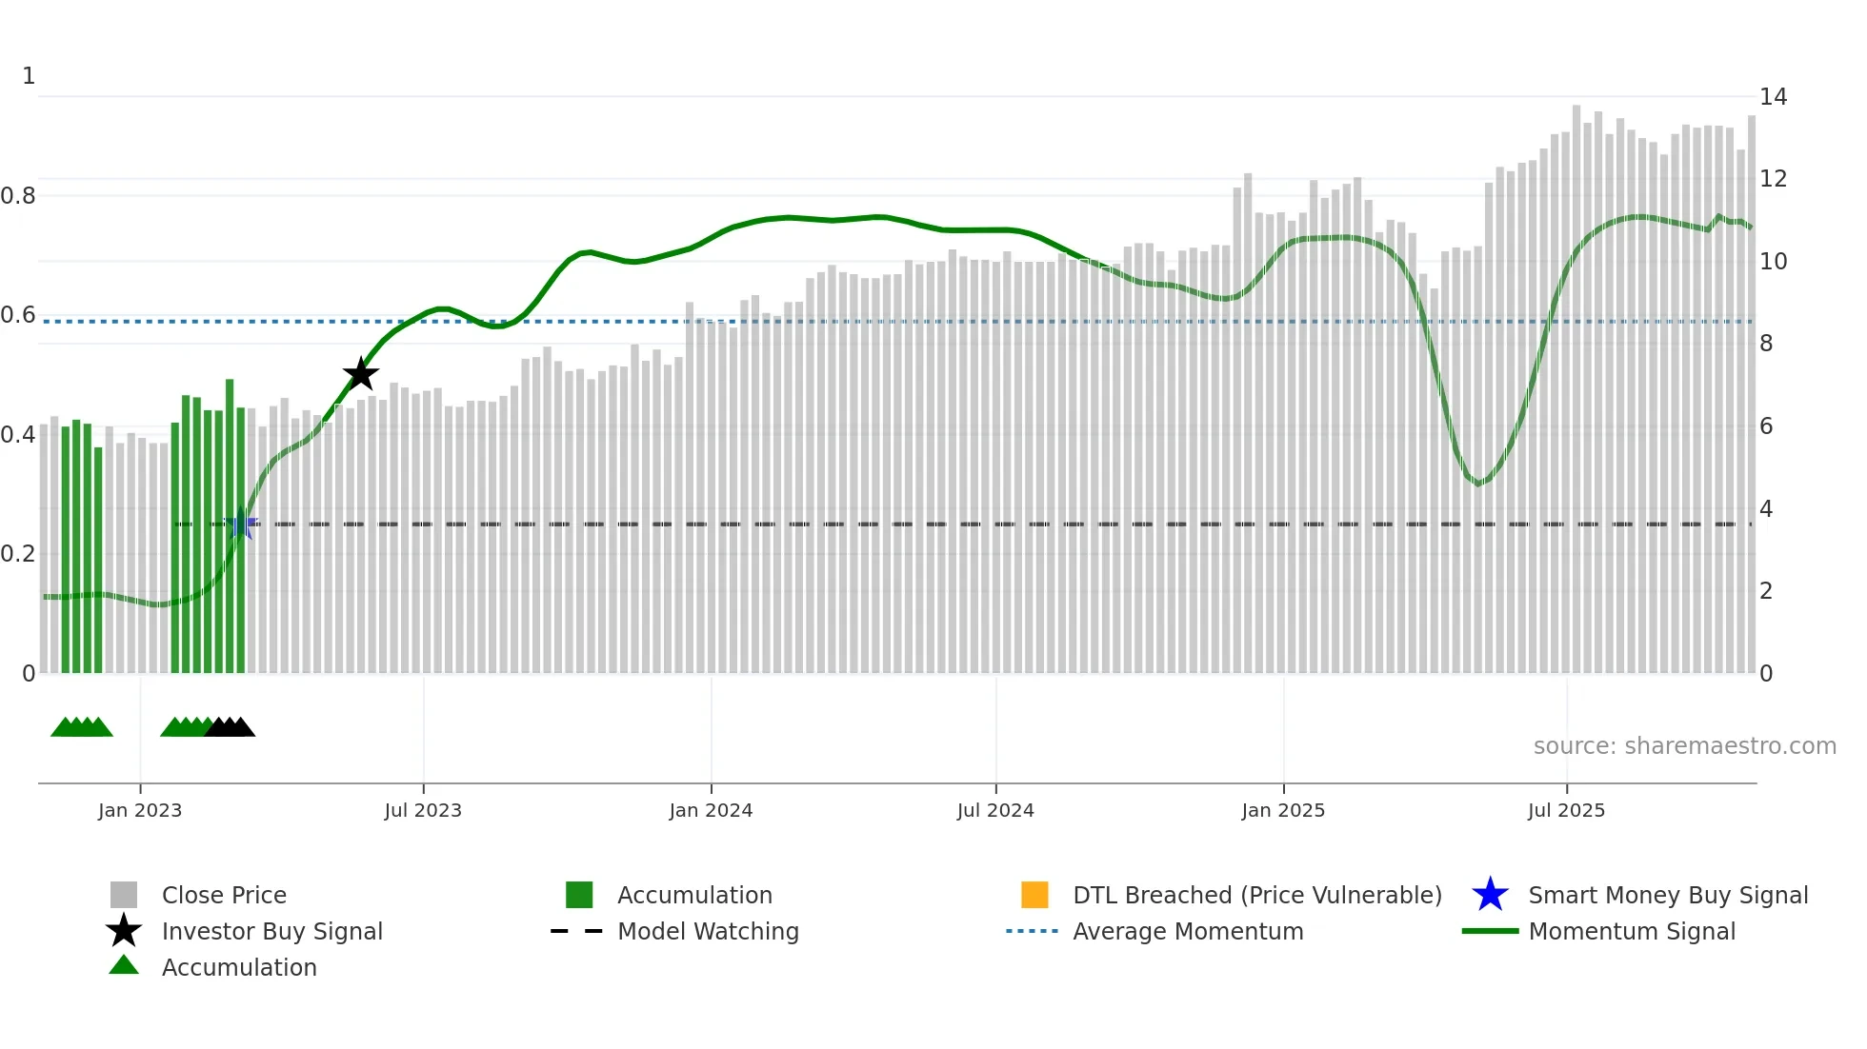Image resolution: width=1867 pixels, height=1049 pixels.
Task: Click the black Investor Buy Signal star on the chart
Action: point(361,374)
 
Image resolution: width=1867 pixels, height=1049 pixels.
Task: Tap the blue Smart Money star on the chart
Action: point(242,524)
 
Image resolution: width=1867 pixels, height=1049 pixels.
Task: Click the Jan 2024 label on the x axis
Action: point(711,810)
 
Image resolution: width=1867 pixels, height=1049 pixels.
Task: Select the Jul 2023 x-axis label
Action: point(423,810)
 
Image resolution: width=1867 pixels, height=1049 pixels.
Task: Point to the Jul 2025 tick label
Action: point(1566,810)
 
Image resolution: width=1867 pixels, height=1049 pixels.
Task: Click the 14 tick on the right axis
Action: point(1773,97)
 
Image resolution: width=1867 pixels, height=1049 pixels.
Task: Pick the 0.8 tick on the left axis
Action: point(18,196)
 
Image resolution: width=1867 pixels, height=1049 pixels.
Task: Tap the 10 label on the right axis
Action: point(1773,262)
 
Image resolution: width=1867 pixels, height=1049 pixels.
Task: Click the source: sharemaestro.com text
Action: point(1684,746)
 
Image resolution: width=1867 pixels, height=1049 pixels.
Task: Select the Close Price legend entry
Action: point(224,895)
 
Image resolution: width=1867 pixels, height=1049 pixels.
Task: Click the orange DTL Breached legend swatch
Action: point(1034,895)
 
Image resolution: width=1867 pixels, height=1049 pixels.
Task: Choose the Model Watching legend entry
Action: point(708,931)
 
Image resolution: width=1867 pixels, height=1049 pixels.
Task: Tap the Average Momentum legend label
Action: point(1188,931)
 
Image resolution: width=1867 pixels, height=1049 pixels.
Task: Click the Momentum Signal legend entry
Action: point(1632,931)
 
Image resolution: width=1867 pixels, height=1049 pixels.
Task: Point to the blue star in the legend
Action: point(1490,895)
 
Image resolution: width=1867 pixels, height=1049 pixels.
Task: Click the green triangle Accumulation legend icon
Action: point(124,965)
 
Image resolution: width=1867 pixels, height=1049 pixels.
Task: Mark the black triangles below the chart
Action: point(230,727)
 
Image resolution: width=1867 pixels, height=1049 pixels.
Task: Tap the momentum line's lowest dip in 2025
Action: point(1478,484)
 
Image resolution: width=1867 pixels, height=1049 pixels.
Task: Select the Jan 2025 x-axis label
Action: point(1283,810)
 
